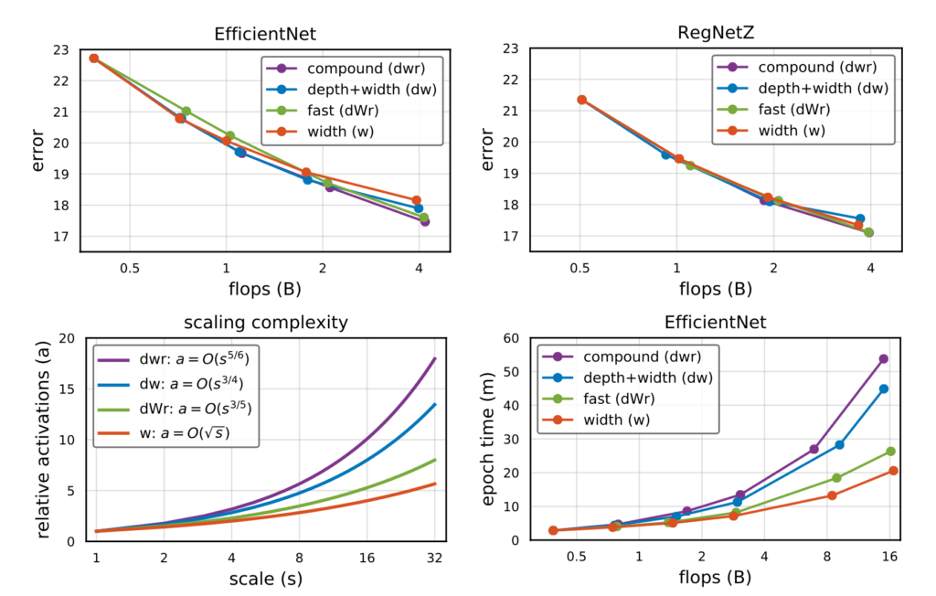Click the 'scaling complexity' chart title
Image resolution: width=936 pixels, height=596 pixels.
265,323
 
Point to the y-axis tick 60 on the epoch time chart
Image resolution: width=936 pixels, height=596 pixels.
513,338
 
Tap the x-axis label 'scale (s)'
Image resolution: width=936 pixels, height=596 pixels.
265,579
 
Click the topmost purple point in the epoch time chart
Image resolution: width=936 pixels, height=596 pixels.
883,359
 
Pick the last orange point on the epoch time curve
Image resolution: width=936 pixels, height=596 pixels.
893,471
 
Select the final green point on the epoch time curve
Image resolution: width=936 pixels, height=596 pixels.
890,452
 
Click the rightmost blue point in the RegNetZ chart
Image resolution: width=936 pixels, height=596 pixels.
860,218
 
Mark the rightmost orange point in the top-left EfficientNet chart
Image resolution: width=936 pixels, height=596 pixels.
416,200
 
